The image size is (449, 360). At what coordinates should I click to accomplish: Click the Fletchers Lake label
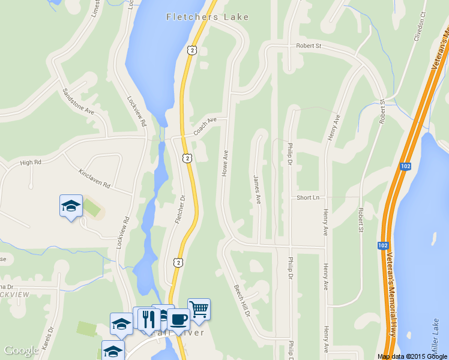coord(208,17)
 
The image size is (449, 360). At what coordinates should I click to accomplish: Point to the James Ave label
coord(257,189)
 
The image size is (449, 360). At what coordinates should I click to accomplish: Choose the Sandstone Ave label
coord(79,102)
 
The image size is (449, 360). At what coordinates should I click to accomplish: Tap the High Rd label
coord(30,162)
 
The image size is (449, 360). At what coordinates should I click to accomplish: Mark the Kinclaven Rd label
coord(94,178)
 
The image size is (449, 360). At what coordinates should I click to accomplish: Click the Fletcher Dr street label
coord(180,209)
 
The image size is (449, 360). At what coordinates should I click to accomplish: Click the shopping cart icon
coord(199,310)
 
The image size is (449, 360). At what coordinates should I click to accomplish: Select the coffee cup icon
coord(178,319)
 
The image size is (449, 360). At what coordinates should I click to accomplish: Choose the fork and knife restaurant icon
coord(148,319)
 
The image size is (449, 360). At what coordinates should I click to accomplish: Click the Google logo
coord(21,350)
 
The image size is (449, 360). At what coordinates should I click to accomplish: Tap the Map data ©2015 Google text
coord(412,356)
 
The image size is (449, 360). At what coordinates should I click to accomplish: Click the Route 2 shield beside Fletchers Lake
coord(191,51)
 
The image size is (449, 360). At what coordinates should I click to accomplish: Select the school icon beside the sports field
coord(71,206)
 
